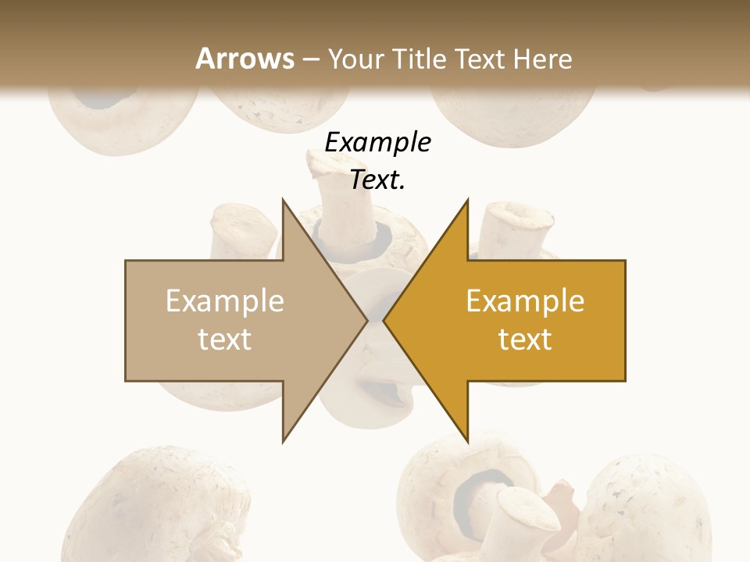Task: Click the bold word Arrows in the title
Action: (245, 59)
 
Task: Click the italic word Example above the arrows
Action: (377, 142)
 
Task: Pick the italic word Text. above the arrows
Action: (377, 180)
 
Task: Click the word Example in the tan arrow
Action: (224, 301)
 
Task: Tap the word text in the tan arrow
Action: (224, 339)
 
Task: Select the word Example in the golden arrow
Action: (525, 301)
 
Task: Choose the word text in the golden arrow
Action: (525, 339)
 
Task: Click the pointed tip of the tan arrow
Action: (366, 320)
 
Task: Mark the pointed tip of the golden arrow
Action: (384, 320)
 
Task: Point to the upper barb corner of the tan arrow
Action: (283, 200)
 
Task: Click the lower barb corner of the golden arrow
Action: (467, 440)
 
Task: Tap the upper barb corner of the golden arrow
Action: (467, 200)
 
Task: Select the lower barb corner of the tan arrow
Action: (283, 440)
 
